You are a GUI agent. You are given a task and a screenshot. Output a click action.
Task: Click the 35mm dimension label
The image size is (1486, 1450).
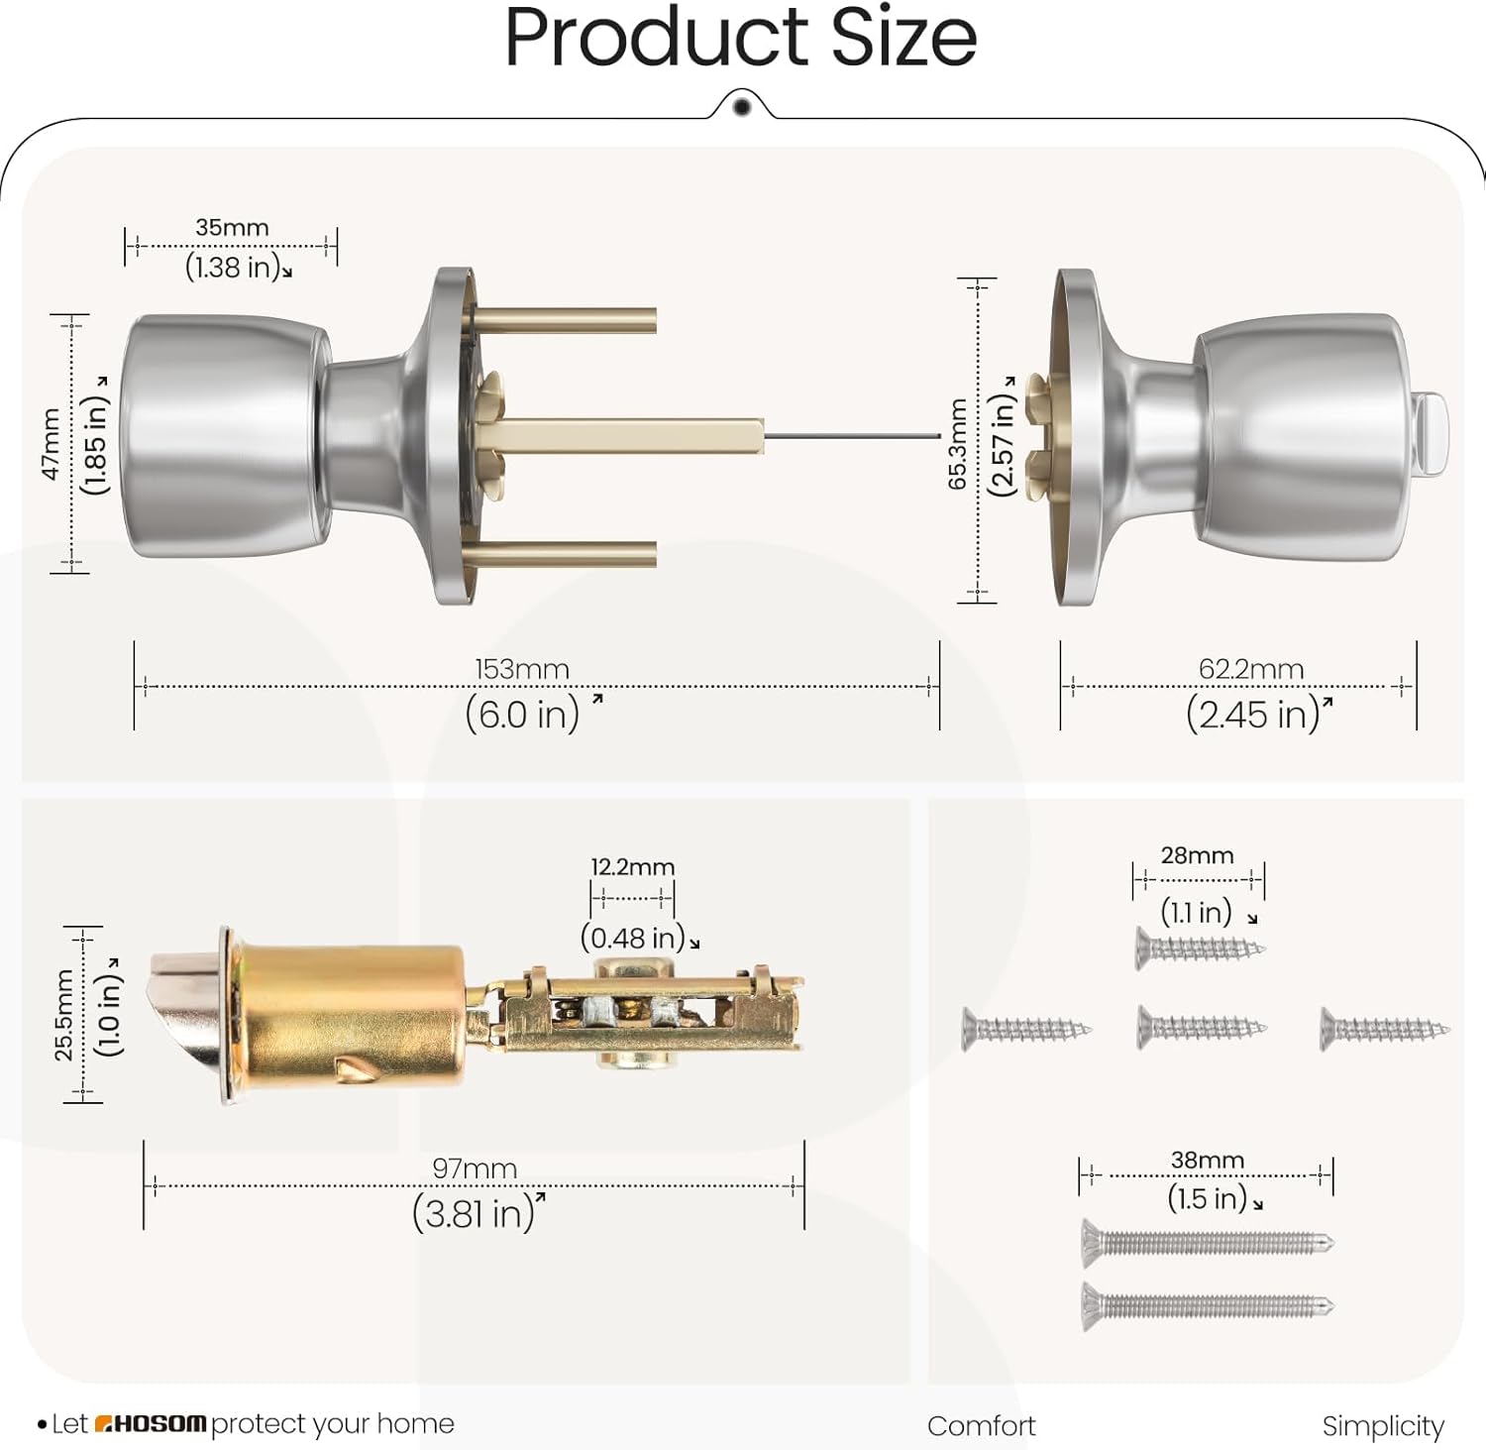click(232, 227)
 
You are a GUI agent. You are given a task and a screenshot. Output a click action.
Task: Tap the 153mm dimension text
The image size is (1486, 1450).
click(521, 669)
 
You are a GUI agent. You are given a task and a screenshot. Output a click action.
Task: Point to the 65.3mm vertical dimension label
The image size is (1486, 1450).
click(957, 443)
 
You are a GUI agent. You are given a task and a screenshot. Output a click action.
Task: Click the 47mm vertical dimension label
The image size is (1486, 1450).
click(51, 444)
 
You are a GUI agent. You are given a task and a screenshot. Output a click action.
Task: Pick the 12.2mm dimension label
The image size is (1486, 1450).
click(632, 867)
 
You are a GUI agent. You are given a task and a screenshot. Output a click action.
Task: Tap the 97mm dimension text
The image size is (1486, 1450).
click(475, 1169)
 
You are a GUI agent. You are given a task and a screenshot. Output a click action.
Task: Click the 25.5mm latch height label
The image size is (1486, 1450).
click(63, 1014)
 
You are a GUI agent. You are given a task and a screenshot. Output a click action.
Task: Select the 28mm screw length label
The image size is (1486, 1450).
click(1197, 855)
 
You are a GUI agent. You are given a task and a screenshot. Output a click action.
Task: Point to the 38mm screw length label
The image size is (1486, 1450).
click(1207, 1160)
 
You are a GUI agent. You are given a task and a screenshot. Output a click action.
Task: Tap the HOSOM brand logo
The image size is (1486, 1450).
click(151, 1424)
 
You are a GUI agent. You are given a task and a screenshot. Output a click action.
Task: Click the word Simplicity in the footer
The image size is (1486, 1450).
click(1382, 1426)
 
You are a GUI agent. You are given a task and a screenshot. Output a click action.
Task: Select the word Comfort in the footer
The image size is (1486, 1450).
click(981, 1426)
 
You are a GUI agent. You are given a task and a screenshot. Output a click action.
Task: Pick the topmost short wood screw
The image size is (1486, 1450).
click(1200, 948)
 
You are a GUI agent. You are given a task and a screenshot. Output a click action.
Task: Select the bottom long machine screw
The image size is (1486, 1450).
click(1207, 1306)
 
